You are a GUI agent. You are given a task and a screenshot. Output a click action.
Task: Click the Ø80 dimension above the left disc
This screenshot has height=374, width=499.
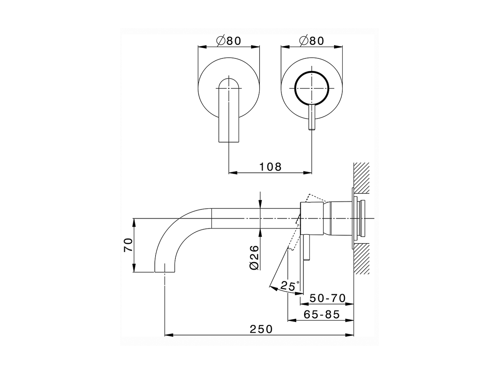click(229, 41)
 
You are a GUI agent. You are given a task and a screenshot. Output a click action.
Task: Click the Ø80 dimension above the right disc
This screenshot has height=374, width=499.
click(311, 41)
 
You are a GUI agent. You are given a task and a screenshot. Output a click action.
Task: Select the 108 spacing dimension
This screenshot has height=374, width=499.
click(270, 167)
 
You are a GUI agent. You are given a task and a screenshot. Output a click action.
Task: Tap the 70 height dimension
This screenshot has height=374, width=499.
click(129, 245)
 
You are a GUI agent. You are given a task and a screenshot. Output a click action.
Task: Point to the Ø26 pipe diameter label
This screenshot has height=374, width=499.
click(254, 257)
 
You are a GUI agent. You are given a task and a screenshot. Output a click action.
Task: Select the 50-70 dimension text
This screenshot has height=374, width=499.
click(327, 298)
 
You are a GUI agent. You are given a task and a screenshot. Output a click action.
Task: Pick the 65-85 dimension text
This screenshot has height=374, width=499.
click(322, 314)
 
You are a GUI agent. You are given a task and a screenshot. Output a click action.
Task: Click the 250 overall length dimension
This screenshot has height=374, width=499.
click(261, 329)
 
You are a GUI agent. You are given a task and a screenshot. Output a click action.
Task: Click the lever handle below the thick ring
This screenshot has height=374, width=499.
click(311, 117)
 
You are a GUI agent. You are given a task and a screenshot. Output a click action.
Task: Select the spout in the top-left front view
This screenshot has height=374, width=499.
click(228, 113)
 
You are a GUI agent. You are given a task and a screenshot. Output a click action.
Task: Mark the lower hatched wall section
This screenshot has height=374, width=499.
click(361, 259)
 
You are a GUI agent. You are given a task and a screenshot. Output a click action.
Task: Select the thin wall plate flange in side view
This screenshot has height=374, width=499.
click(353, 218)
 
